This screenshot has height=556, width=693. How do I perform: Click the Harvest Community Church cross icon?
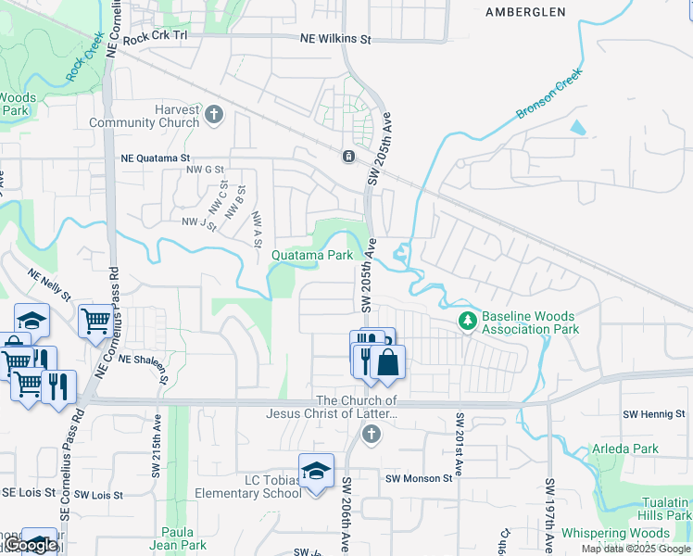[x=214, y=115]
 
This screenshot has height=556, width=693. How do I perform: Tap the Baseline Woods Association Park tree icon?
[x=468, y=322]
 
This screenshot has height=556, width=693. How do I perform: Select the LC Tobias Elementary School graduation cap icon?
[x=315, y=470]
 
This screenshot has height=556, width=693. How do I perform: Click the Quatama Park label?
[x=311, y=255]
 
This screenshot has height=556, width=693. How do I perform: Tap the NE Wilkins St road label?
[x=335, y=40]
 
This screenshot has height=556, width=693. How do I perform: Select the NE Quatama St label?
[x=155, y=158]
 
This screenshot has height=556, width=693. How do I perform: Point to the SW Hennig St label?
[x=653, y=414]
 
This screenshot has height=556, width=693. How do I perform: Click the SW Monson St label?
[x=419, y=477]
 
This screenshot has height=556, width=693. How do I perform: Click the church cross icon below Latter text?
[x=371, y=435]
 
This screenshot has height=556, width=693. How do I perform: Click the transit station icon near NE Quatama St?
[x=347, y=156]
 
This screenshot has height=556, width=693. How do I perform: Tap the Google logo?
[x=31, y=545]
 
